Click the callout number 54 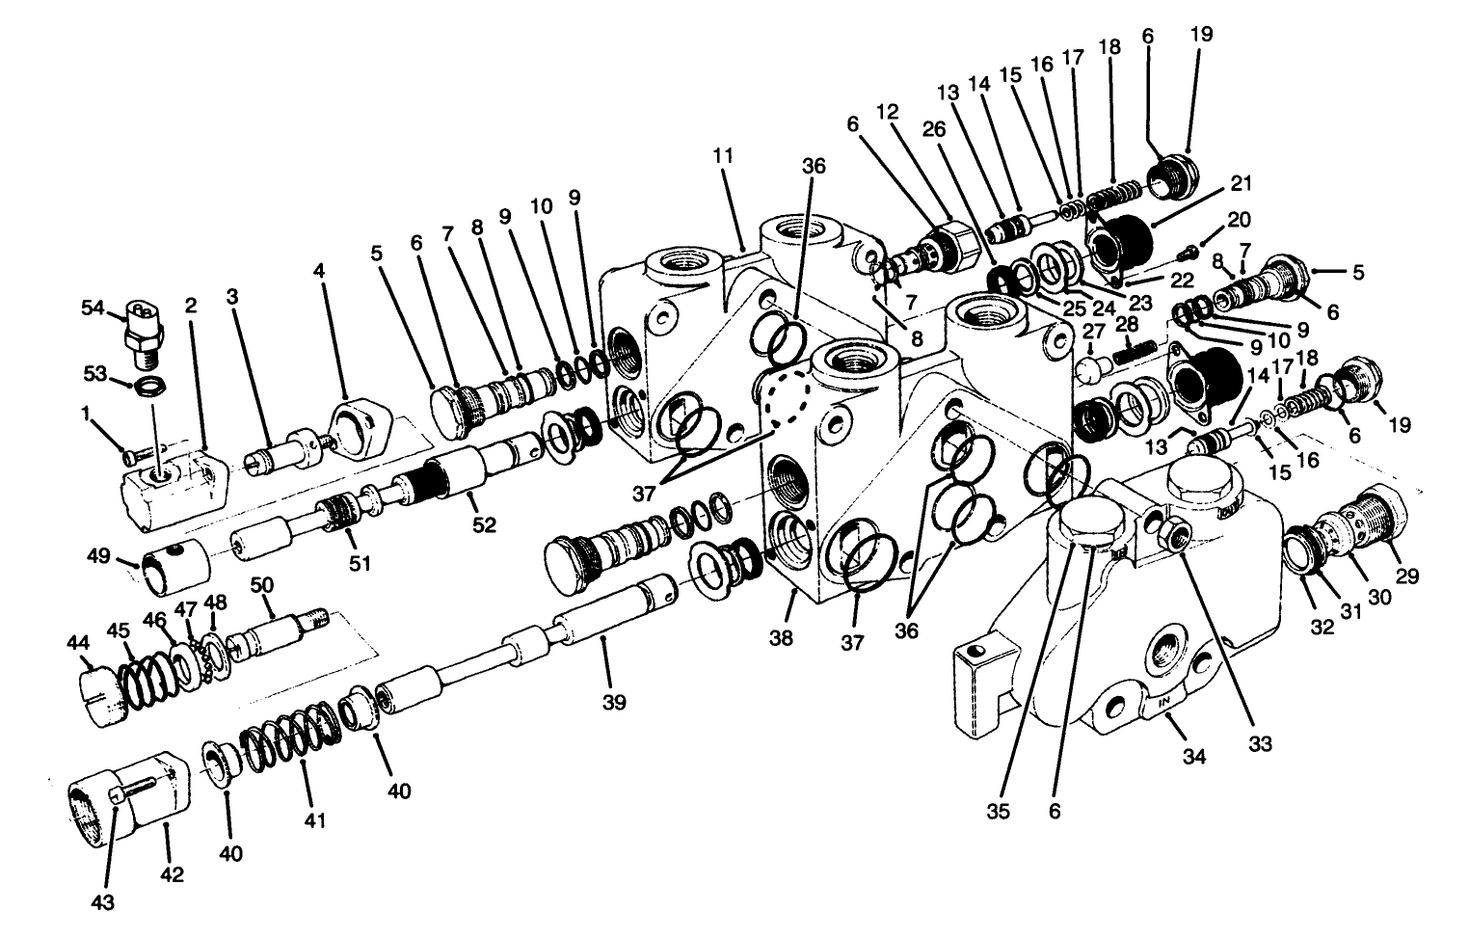pyautogui.click(x=92, y=308)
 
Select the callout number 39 pyautogui.click(x=613, y=703)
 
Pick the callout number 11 pyautogui.click(x=724, y=155)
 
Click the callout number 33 pyautogui.click(x=1260, y=743)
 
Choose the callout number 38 pyautogui.click(x=781, y=637)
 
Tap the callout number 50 pyautogui.click(x=262, y=584)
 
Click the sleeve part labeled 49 pyautogui.click(x=174, y=572)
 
